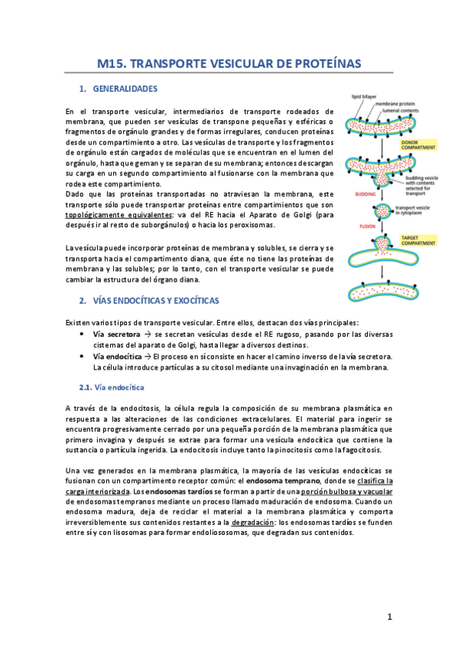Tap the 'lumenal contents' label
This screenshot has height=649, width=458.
click(411, 111)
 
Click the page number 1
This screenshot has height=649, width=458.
click(389, 616)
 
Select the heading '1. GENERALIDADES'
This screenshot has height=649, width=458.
click(118, 89)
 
